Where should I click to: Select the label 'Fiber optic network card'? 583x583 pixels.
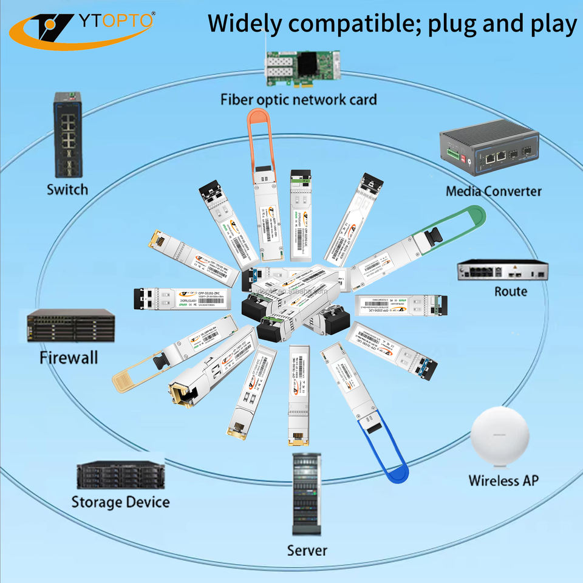click(x=298, y=99)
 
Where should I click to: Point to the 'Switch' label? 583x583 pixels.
click(x=67, y=189)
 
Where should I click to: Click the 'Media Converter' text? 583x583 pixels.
click(x=493, y=191)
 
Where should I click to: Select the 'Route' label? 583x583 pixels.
click(x=510, y=291)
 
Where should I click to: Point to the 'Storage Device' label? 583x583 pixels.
click(x=120, y=502)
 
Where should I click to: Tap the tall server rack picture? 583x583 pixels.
click(x=307, y=494)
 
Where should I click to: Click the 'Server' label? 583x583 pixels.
click(x=307, y=551)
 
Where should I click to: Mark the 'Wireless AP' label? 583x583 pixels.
click(x=503, y=480)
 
